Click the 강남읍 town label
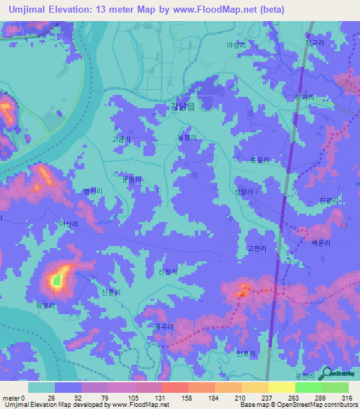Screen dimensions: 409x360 click(x=183, y=108)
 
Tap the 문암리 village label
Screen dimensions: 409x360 click(x=131, y=180)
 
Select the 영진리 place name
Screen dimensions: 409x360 click(x=93, y=190)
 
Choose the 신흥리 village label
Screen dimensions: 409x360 click(x=112, y=292)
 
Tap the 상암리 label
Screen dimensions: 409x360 click(x=243, y=190)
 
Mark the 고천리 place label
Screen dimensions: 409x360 click(x=257, y=249)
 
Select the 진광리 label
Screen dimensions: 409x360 click(x=329, y=201)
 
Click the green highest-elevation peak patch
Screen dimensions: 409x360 click(x=56, y=281)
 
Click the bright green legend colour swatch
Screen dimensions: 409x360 click(x=308, y=387)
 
